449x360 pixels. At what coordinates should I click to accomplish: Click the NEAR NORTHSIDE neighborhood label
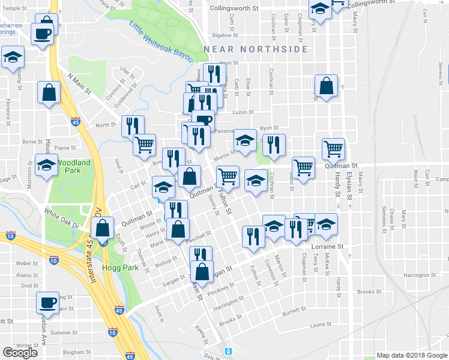256,49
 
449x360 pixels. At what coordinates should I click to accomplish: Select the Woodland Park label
74,166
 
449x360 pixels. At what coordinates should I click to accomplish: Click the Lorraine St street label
327,246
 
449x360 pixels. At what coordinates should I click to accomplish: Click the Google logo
20,353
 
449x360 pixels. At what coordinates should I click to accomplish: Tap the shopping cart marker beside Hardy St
333,148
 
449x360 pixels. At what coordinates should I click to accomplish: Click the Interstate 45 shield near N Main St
75,121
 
